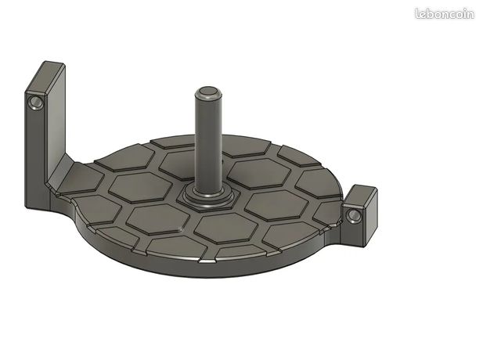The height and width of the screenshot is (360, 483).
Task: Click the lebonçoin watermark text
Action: tap(445, 14)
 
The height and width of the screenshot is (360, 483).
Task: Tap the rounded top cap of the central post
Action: tap(208, 92)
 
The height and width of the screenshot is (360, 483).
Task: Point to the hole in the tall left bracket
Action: tap(36, 102)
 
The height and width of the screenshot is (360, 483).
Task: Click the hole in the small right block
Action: tap(354, 215)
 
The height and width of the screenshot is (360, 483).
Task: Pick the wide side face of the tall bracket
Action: tap(56, 123)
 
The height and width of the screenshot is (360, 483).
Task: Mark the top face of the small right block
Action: tap(359, 196)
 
